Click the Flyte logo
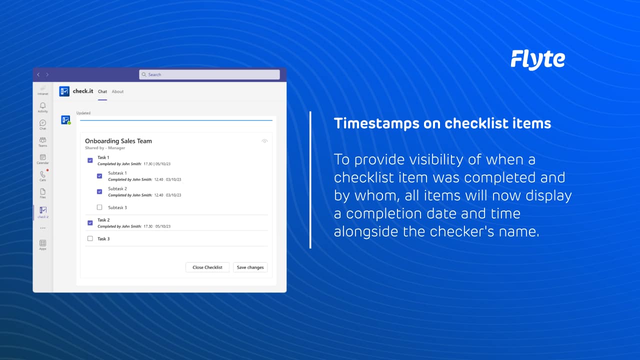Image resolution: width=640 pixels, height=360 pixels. click(x=537, y=59)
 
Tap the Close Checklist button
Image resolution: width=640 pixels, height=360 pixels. click(x=207, y=267)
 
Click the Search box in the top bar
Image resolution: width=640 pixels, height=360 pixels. click(x=209, y=74)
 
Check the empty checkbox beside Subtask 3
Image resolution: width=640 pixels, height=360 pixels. click(x=99, y=207)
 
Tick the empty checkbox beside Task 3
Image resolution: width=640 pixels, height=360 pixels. click(x=90, y=239)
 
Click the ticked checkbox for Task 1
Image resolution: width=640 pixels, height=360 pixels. click(x=90, y=160)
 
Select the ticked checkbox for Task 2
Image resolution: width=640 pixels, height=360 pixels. click(x=90, y=223)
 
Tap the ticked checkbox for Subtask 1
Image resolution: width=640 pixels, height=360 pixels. click(x=99, y=176)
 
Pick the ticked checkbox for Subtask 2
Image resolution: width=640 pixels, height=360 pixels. click(x=99, y=191)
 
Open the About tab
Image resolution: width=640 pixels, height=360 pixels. click(x=117, y=91)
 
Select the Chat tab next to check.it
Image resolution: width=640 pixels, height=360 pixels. click(x=102, y=91)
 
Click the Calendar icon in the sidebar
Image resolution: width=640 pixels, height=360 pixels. click(x=43, y=157)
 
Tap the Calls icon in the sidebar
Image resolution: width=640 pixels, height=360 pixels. click(x=43, y=174)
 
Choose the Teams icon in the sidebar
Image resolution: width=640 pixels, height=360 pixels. click(x=43, y=140)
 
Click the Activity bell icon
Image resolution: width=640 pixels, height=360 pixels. click(x=43, y=106)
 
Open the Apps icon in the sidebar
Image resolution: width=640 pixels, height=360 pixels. click(x=43, y=243)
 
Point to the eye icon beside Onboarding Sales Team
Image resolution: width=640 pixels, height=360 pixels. click(x=264, y=141)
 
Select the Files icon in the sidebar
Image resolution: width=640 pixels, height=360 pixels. click(x=43, y=191)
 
